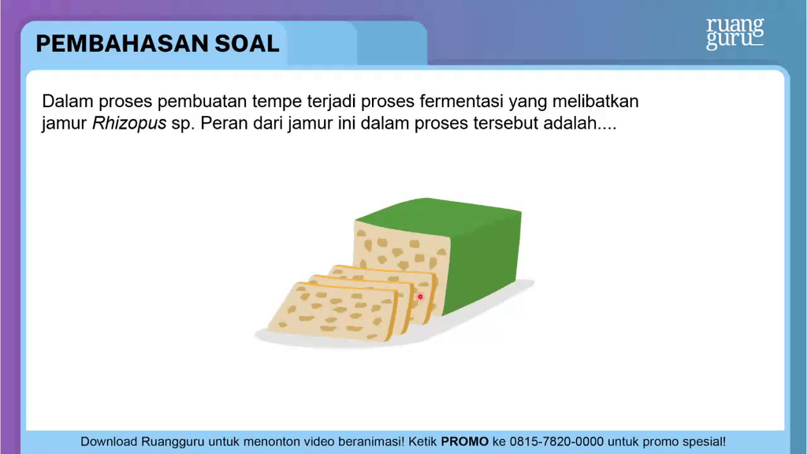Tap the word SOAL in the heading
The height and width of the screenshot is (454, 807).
[x=247, y=44]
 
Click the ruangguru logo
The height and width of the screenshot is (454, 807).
[x=735, y=33]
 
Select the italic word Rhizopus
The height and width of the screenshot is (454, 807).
[x=129, y=124]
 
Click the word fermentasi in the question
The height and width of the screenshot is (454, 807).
[x=461, y=102]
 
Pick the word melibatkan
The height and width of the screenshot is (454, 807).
[x=596, y=102]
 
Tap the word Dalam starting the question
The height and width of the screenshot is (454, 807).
[x=68, y=102]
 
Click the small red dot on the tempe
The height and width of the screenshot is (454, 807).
[x=420, y=297]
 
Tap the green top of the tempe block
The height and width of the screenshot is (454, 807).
[x=437, y=216]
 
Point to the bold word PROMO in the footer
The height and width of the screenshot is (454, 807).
[x=465, y=441]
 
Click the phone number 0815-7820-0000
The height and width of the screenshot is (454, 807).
[x=556, y=441]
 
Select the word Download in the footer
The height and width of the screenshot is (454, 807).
[x=109, y=441]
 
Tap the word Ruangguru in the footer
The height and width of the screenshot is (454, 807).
[x=173, y=442]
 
